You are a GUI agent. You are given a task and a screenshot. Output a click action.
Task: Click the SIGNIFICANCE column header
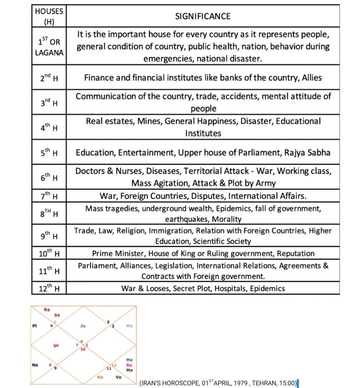203,16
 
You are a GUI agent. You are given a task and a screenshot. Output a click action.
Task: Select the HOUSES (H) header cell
49,16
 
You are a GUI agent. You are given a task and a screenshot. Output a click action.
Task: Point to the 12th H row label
49,289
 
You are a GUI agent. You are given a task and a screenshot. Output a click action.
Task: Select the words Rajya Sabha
309,153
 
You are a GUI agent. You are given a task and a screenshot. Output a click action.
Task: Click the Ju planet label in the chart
83,325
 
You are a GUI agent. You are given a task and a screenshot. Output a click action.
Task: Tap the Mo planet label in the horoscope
129,325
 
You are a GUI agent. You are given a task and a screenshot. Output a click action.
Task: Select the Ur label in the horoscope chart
56,345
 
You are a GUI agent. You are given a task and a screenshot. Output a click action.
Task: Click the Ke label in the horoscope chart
100,377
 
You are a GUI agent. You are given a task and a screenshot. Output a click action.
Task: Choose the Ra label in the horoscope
47,310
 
